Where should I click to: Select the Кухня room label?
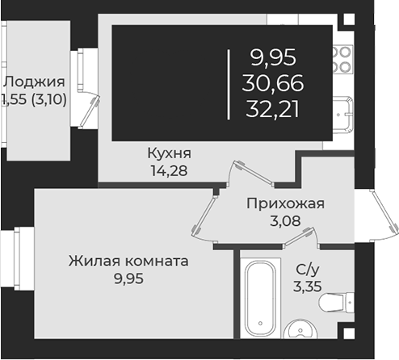[169, 153]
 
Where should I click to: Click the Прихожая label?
[285, 203]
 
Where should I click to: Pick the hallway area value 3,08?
[285, 220]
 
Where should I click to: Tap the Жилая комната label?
[128, 262]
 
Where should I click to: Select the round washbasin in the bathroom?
[300, 331]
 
